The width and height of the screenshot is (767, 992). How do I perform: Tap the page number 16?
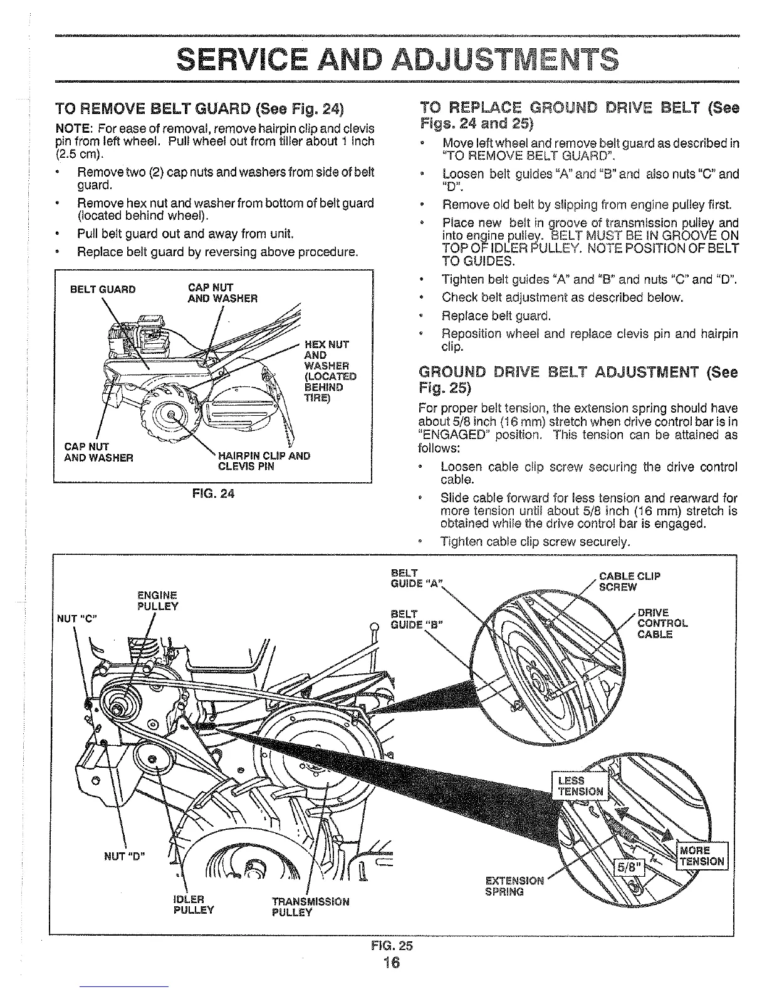pos(393,962)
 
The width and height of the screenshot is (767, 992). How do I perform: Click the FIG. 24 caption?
pos(213,493)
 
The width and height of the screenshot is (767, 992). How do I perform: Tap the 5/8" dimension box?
pos(627,869)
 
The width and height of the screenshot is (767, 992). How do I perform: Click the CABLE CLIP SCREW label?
pos(629,581)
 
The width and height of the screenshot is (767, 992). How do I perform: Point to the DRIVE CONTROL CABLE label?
pos(662,623)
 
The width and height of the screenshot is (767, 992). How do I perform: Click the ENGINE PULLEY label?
pos(157,601)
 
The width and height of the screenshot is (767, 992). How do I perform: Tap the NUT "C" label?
pos(73,617)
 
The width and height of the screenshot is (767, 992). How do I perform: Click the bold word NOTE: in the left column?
pos(74,128)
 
